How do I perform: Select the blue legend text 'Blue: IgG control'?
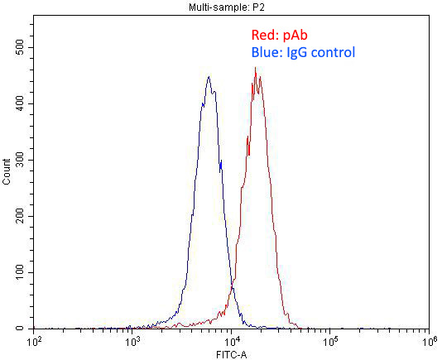coord(303,53)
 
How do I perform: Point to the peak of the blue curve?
coord(209,77)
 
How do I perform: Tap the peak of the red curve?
coord(255,68)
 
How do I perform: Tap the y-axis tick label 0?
coord(25,329)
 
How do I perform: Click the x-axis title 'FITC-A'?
coord(231,354)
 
